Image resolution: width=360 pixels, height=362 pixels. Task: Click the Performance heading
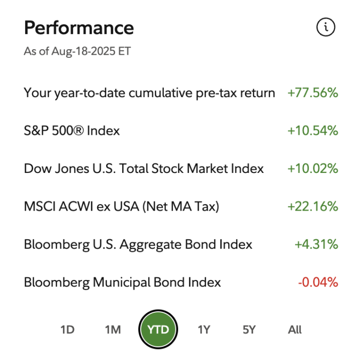(79, 28)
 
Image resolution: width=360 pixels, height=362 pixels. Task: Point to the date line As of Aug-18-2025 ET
(77, 52)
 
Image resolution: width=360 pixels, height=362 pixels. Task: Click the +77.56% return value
(312, 93)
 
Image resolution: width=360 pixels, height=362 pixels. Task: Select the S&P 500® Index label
(72, 131)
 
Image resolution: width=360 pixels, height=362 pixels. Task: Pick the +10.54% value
(312, 131)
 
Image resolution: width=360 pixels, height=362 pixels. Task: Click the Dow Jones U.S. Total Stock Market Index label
(144, 169)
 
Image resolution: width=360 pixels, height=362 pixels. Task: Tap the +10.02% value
(312, 169)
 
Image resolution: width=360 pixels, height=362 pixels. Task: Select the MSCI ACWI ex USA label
(122, 207)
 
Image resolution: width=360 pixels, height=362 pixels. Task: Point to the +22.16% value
(312, 207)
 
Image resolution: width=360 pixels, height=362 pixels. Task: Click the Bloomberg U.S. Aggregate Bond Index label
(138, 245)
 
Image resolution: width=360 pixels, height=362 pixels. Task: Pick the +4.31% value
(316, 245)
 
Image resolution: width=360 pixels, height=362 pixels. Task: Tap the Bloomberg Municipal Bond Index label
(122, 283)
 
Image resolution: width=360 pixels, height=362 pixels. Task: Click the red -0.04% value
(318, 283)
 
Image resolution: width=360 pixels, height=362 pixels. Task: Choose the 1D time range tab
(67, 330)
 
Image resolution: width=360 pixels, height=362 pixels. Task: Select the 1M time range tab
(113, 330)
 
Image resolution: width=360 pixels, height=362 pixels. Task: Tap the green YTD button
(158, 330)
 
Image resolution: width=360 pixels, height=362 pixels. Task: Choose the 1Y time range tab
(204, 330)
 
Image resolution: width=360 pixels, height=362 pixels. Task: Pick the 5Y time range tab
(249, 330)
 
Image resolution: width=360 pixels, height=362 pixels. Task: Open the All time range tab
(295, 330)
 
